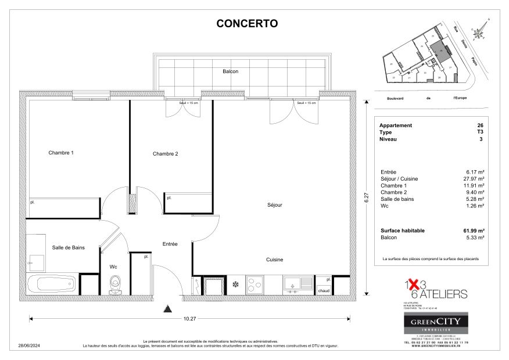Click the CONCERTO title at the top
247,24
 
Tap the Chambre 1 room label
60,153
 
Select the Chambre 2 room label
165,154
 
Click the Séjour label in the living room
274,204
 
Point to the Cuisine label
274,260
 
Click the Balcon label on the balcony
230,71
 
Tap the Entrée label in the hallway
170,244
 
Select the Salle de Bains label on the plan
69,247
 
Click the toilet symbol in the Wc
114,285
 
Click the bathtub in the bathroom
52,285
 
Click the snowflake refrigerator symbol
235,285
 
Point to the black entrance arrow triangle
168,308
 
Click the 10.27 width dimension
189,318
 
